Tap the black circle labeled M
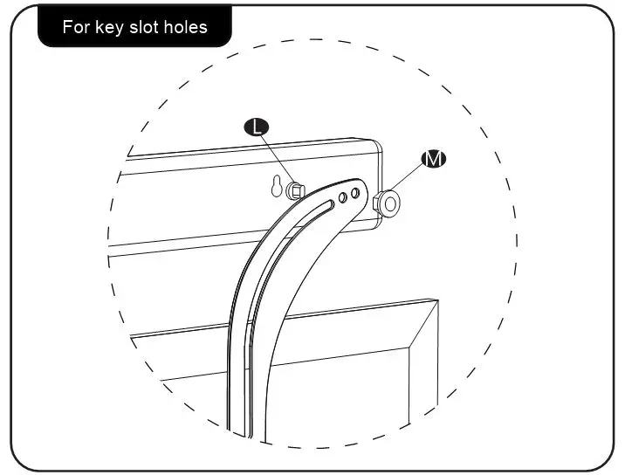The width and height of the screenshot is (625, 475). (x=434, y=159)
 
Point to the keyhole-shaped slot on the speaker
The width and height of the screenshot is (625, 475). (x=277, y=188)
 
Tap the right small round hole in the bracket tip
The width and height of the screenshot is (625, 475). (x=355, y=193)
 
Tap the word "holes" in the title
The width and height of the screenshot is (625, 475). (x=189, y=27)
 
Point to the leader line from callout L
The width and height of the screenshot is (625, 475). (x=275, y=157)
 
